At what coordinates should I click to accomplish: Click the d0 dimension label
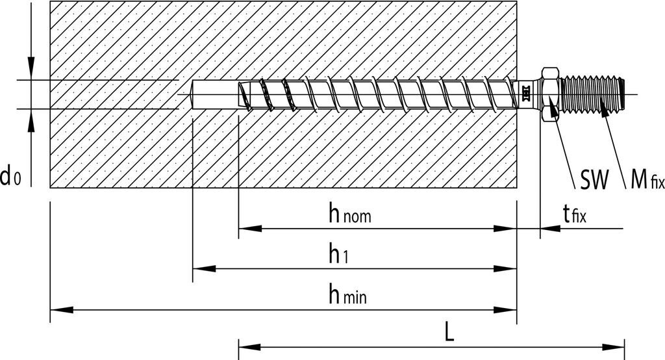click(x=11, y=175)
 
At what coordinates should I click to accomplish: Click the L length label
click(x=449, y=332)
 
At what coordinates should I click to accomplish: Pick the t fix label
click(x=574, y=213)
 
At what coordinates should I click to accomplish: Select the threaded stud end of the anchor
click(x=594, y=94)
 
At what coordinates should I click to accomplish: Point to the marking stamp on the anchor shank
click(x=525, y=94)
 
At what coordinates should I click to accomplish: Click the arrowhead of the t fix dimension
click(x=549, y=229)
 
